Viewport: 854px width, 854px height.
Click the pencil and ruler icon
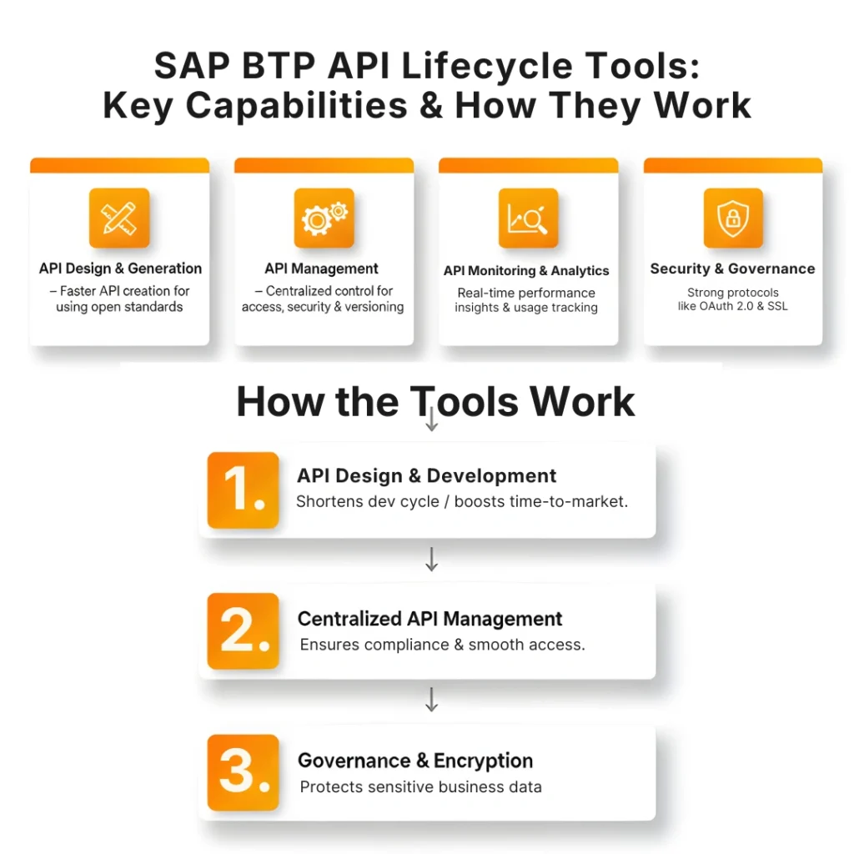coord(119,219)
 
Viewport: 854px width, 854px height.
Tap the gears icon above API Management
coord(324,219)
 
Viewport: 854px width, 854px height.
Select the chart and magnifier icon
coord(528,219)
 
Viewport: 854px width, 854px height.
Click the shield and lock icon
coord(733,219)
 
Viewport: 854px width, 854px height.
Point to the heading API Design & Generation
coord(120,269)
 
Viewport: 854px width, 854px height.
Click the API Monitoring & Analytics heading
coord(526,271)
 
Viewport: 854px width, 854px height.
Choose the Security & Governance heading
coord(732,269)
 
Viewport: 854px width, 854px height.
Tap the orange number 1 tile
coord(243,490)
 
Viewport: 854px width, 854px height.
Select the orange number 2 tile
coord(243,631)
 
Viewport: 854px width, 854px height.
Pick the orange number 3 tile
coord(243,772)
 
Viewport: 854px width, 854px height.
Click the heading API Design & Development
coord(426,476)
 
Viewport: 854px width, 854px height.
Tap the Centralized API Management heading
coord(430,619)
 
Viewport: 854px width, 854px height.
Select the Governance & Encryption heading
coord(415,761)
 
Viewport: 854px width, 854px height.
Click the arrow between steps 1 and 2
coord(431,560)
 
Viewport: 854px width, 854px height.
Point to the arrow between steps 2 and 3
coord(431,701)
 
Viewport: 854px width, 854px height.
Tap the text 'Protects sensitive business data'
coord(420,786)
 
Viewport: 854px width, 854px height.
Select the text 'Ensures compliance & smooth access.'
coord(442,645)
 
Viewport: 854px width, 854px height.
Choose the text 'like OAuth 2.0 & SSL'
coord(732,306)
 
